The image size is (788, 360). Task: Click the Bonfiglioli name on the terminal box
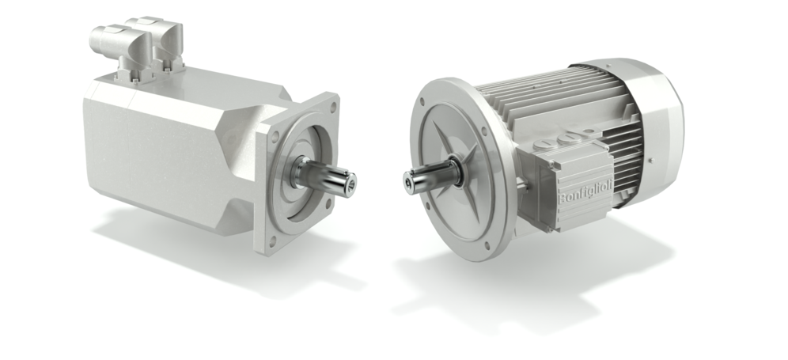(x=585, y=192)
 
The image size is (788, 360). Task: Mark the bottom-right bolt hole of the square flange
(x=328, y=203)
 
